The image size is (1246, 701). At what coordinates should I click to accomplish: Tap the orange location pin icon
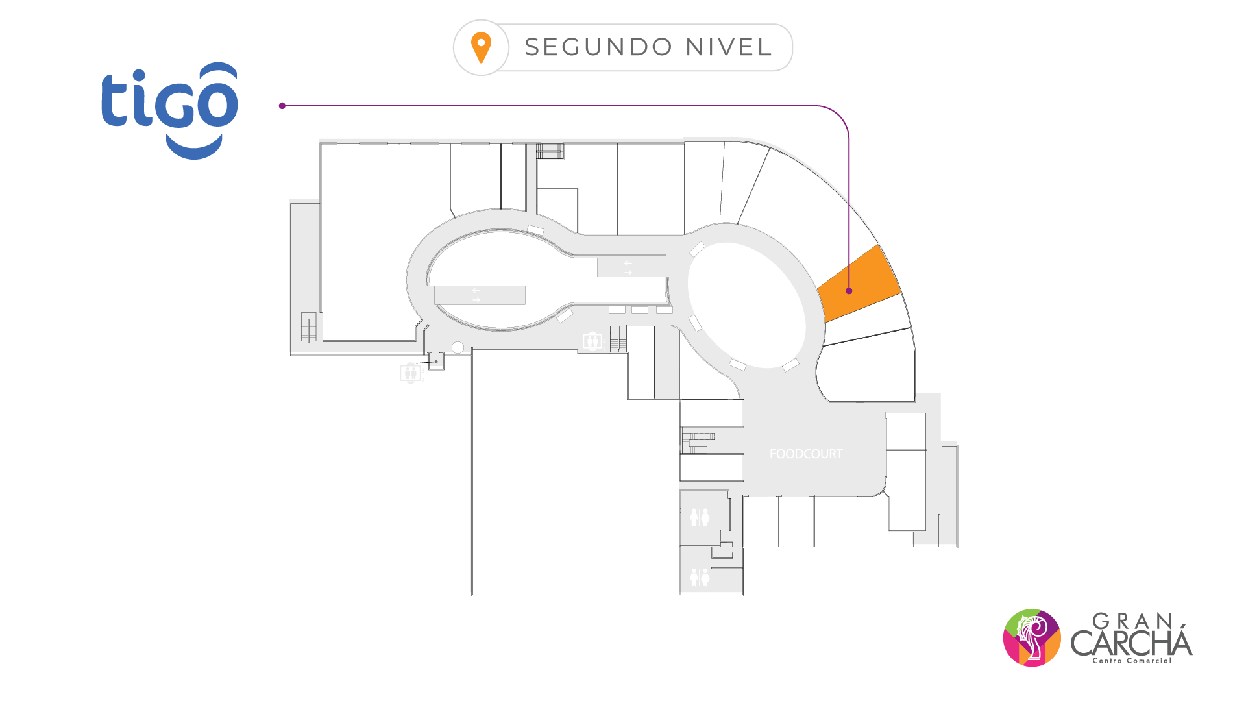click(481, 47)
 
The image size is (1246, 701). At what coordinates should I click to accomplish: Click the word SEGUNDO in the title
click(598, 47)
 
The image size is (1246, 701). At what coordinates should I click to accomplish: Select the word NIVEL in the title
click(729, 47)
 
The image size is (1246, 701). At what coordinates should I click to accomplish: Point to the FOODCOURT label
click(806, 454)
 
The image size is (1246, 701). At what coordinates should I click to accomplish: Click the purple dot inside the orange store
click(849, 291)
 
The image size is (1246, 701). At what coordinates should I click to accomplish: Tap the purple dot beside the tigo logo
click(282, 106)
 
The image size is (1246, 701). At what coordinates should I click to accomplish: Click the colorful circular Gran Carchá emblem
click(1032, 637)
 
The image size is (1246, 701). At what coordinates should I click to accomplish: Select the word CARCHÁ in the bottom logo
click(1131, 643)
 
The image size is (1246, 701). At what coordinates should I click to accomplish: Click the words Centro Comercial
click(1132, 661)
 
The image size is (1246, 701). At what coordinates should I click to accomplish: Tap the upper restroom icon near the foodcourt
click(700, 517)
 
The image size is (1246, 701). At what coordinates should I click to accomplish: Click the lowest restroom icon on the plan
click(700, 577)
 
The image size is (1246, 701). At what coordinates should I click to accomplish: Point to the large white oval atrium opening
click(746, 305)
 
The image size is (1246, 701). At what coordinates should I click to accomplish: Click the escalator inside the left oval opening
click(480, 295)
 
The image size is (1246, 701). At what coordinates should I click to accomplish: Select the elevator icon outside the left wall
click(410, 373)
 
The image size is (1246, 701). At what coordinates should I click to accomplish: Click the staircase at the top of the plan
click(550, 151)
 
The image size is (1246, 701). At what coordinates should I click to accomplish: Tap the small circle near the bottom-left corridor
click(458, 348)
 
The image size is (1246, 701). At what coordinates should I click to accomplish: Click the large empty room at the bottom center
click(574, 474)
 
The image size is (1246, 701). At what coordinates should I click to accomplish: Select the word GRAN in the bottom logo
click(1132, 621)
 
